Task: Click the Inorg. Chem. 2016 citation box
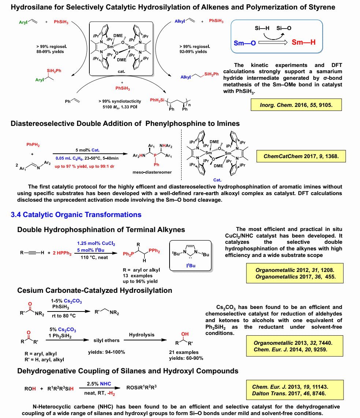(x=296, y=105)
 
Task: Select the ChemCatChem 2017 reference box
(x=301, y=156)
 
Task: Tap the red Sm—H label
(x=304, y=42)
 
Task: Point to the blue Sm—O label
(x=245, y=43)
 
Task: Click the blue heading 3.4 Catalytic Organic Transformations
(x=76, y=214)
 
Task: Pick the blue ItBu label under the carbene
(x=191, y=265)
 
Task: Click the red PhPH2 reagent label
(x=33, y=145)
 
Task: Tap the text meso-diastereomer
(x=152, y=172)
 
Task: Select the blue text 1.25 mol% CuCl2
(x=96, y=243)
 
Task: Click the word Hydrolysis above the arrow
(x=142, y=335)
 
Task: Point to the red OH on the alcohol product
(x=185, y=334)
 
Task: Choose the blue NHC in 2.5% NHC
(x=105, y=384)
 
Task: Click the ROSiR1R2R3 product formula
(x=141, y=387)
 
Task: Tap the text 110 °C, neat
(x=94, y=258)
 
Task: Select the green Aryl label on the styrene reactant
(x=23, y=22)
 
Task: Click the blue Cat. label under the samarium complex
(x=217, y=180)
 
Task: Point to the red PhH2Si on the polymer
(x=157, y=100)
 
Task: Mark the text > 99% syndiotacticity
(x=120, y=101)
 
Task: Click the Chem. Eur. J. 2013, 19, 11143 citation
(x=290, y=387)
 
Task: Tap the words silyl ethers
(x=107, y=340)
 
